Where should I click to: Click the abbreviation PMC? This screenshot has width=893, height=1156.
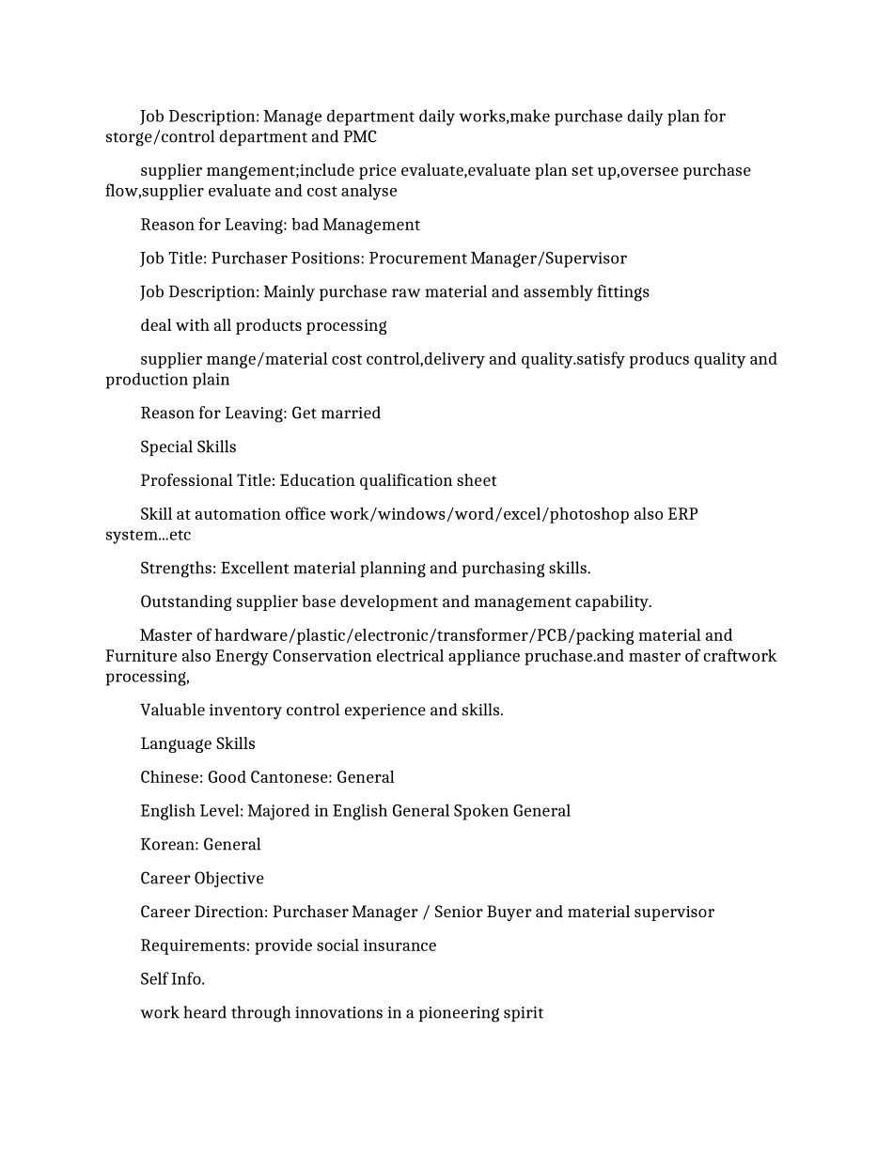360,137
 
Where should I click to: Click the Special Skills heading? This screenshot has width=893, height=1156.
188,447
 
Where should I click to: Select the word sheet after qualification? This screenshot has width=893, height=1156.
477,481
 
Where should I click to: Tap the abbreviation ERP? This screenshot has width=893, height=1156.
682,515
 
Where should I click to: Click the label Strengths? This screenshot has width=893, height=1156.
178,569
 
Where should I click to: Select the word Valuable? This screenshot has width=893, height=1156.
172,711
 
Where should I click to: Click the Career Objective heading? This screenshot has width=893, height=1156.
202,879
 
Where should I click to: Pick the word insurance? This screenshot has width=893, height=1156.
400,945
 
